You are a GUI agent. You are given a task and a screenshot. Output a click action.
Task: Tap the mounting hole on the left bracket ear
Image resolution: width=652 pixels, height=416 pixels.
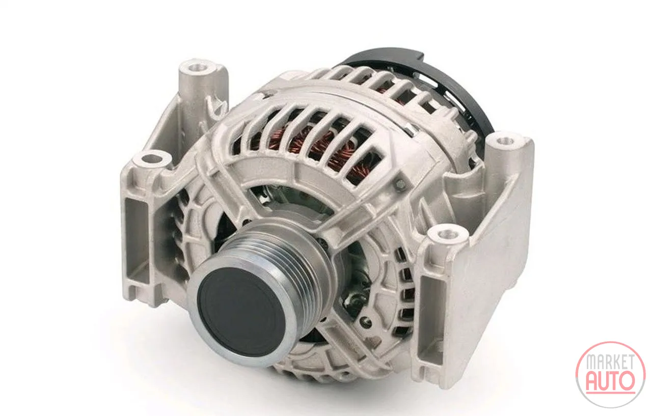[x=151, y=159]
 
